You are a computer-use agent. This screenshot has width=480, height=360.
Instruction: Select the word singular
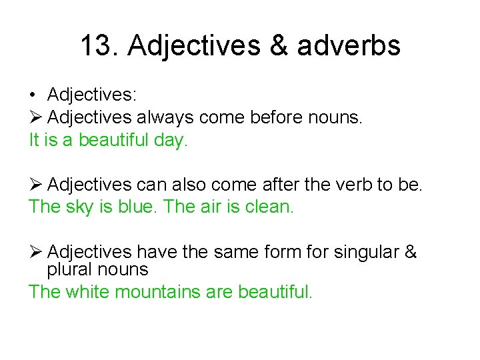365,253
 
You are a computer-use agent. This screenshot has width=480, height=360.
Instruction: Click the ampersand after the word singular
411,253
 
